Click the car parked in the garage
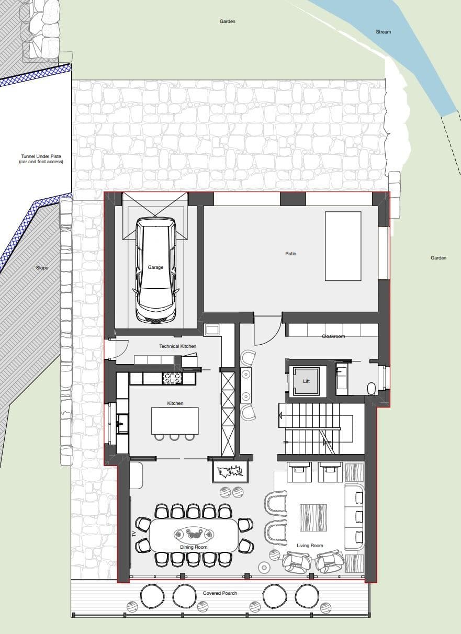(x=155, y=269)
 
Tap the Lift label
(x=307, y=381)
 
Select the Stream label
(x=383, y=32)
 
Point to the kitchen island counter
(x=175, y=421)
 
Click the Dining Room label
(x=194, y=547)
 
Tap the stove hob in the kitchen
(x=173, y=378)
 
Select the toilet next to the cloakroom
(x=372, y=388)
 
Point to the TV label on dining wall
(x=134, y=534)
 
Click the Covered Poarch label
(x=220, y=593)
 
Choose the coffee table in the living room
(x=313, y=517)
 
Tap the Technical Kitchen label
(x=177, y=346)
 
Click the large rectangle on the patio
(x=343, y=246)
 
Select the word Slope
(x=42, y=268)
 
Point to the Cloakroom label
(x=333, y=336)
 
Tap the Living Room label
(x=310, y=546)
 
